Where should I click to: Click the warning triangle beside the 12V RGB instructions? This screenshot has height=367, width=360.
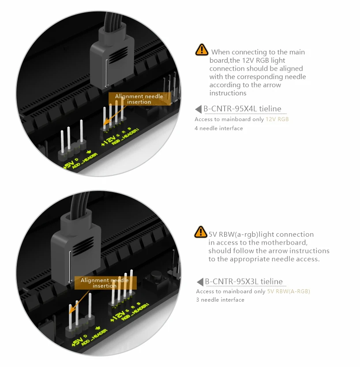pos(202,49)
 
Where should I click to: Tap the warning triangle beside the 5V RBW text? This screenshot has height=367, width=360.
pos(201,232)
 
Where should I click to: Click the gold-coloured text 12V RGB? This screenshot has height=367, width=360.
pos(277,119)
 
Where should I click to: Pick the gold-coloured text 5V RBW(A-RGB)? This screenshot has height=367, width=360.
pos(289,291)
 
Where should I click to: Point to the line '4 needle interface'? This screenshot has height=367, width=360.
pos(218,128)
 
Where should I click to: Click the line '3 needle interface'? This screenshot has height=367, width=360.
pos(220,300)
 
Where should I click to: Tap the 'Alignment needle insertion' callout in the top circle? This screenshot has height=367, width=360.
pos(139,99)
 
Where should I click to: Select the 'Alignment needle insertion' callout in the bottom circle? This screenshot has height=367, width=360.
pos(105,283)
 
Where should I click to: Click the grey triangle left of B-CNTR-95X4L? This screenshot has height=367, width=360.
pos(198,109)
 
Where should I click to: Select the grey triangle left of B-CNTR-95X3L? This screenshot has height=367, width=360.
pos(200,282)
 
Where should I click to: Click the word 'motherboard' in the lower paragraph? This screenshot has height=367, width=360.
pos(284,242)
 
